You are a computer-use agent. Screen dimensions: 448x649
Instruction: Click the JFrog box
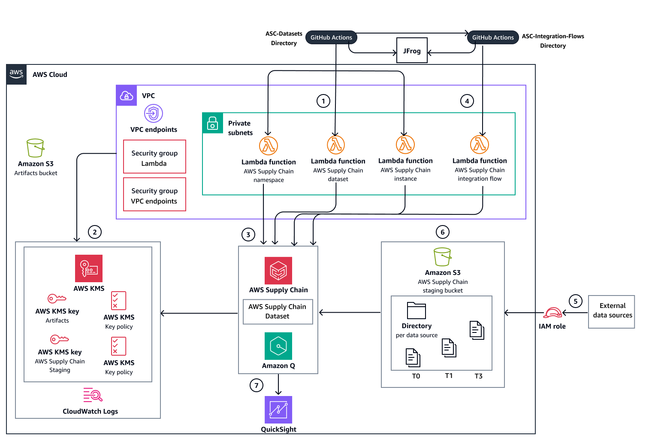click(412, 51)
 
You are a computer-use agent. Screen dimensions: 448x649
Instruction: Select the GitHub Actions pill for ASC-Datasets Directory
click(331, 37)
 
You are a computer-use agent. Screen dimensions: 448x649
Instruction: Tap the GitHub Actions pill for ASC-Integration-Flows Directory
click(492, 37)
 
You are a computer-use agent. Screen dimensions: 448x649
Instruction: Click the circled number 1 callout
click(323, 101)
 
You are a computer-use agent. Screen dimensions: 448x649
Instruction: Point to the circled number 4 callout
click(467, 101)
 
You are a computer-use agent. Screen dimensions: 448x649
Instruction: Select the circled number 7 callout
click(256, 385)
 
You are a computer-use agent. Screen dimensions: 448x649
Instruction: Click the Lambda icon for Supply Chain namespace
click(269, 146)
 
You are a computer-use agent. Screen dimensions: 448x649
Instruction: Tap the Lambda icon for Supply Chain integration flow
click(479, 145)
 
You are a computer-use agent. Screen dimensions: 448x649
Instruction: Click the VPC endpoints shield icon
click(153, 113)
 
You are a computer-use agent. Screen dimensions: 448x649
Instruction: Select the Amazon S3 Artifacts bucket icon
click(35, 148)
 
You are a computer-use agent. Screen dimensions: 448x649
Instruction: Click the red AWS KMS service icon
click(89, 268)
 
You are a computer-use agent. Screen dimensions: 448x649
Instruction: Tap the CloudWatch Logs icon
click(93, 395)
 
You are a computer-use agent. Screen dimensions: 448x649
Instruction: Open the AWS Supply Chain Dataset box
click(278, 311)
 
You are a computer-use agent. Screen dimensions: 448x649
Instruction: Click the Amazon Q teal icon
click(278, 346)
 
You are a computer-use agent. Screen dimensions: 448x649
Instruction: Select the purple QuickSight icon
click(278, 410)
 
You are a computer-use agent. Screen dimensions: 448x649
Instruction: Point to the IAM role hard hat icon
click(552, 313)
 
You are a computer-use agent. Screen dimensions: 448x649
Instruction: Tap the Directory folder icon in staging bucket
click(416, 311)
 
